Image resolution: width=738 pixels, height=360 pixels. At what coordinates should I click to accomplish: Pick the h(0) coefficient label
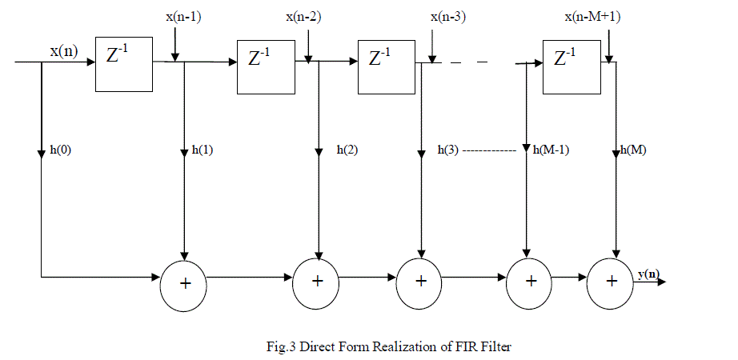coord(60,150)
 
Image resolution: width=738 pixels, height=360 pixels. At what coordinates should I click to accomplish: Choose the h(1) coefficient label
coord(203,150)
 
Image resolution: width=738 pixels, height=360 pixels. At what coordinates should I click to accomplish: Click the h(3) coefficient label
coord(449,150)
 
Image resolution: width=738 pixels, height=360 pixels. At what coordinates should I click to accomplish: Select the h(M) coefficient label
coord(636,150)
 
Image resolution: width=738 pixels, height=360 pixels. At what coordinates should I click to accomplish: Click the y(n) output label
coord(648,274)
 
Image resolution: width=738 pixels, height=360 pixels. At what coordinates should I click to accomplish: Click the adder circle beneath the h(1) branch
coord(185,283)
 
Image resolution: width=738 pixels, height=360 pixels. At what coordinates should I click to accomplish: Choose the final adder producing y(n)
coord(612,282)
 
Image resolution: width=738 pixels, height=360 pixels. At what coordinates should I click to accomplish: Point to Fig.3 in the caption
coord(282,347)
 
